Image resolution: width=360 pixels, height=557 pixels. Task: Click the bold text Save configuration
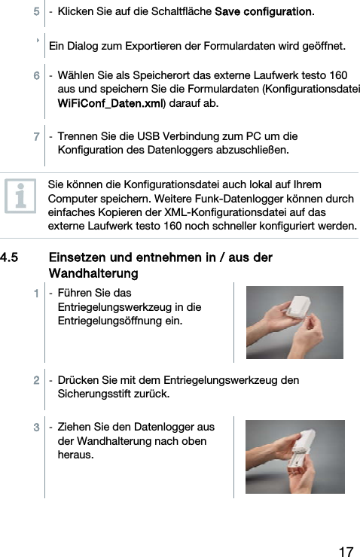pyautogui.click(x=264, y=12)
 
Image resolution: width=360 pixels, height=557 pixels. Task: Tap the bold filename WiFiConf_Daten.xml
pyautogui.click(x=111, y=102)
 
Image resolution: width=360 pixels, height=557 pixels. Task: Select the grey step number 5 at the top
pyautogui.click(x=35, y=12)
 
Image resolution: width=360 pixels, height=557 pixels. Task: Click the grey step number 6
pyautogui.click(x=35, y=76)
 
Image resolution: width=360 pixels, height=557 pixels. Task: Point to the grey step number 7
pyautogui.click(x=35, y=137)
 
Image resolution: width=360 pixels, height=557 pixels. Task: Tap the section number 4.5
pyautogui.click(x=10, y=257)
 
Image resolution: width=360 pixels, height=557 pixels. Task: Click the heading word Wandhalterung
pyautogui.click(x=93, y=271)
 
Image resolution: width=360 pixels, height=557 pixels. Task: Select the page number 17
pyautogui.click(x=346, y=552)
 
